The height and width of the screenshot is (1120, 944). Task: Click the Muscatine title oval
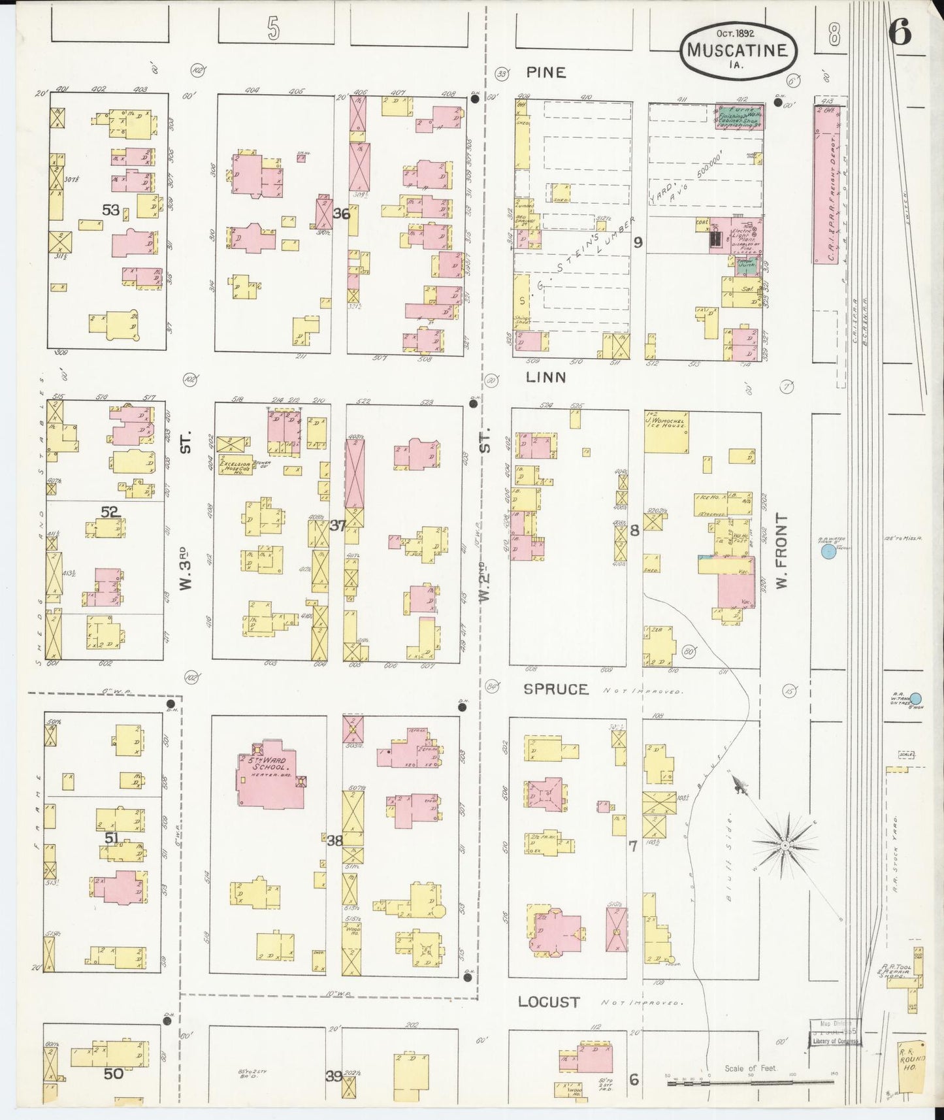738,50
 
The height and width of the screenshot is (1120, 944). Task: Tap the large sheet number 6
900,32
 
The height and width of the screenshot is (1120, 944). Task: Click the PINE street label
546,73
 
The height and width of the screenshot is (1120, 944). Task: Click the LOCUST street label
549,1002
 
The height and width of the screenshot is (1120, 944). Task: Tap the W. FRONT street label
782,550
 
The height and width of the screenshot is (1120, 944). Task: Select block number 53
110,210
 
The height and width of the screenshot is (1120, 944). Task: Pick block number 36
341,214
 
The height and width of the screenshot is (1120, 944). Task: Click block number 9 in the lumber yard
638,242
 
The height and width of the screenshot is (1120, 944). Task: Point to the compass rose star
785,845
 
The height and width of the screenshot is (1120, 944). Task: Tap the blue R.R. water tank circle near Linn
828,552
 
